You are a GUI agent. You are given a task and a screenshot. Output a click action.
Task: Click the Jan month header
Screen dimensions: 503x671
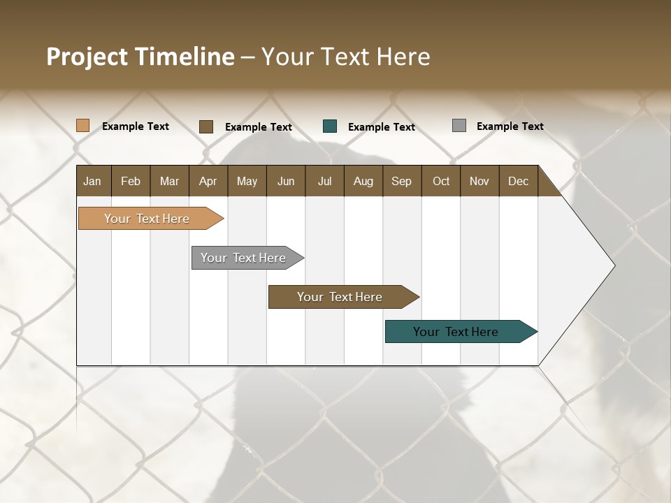[x=93, y=181]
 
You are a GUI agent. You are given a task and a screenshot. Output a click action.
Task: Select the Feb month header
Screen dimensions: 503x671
[x=131, y=181]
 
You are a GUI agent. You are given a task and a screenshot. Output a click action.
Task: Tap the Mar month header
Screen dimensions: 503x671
[x=169, y=181]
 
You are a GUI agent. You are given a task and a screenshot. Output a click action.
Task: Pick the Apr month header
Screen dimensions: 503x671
[x=208, y=181]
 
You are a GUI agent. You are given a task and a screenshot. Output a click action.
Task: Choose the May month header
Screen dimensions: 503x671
[x=247, y=181]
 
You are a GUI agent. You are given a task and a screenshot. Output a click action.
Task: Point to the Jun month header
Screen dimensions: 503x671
[x=286, y=181]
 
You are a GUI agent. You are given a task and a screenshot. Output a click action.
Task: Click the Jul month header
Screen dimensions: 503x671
[x=324, y=181]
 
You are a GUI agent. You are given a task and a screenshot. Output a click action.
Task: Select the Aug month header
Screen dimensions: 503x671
[x=363, y=181]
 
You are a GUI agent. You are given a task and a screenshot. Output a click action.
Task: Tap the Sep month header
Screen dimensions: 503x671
[x=402, y=181]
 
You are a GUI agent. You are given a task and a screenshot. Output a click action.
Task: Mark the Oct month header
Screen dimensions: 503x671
[x=441, y=181]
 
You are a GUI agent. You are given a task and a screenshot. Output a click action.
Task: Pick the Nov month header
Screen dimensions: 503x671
[x=479, y=181]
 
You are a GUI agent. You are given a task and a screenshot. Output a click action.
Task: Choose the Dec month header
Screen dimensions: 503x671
[x=519, y=181]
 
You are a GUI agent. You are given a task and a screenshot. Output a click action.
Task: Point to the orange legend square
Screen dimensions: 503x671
[x=83, y=126]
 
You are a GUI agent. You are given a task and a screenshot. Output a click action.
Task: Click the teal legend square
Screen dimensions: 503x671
[x=330, y=126]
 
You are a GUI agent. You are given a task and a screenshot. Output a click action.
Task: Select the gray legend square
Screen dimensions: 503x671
[x=459, y=126]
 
